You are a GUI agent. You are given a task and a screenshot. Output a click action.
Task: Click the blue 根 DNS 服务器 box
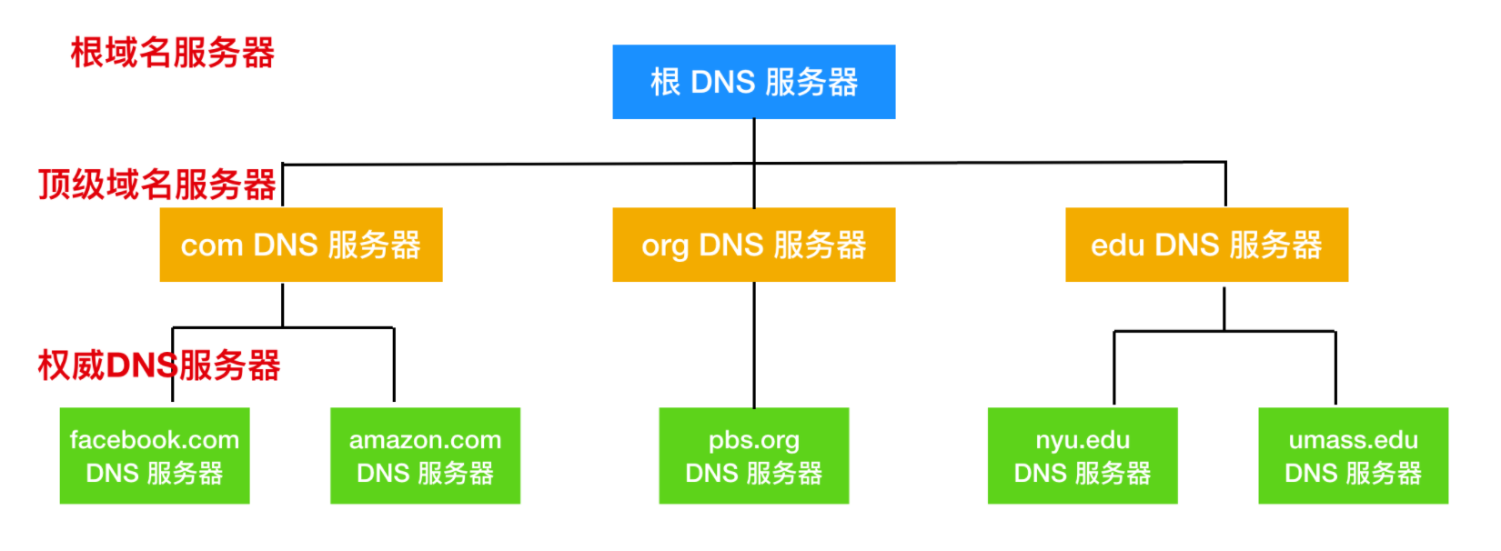(x=754, y=82)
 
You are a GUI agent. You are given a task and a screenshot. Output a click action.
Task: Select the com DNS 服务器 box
(x=301, y=245)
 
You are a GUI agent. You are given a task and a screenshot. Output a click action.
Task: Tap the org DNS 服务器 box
(x=754, y=245)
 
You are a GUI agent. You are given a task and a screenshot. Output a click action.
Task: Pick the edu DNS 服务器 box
(x=1207, y=245)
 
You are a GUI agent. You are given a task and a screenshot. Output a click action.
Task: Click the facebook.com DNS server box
(x=155, y=456)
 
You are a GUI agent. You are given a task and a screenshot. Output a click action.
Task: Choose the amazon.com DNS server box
(x=426, y=456)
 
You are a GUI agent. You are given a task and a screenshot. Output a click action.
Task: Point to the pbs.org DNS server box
(x=754, y=456)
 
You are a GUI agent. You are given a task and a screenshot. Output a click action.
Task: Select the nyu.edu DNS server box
(x=1083, y=456)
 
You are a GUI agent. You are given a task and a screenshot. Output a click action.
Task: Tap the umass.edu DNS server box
(x=1354, y=456)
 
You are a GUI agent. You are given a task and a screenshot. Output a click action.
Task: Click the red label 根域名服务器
(x=173, y=53)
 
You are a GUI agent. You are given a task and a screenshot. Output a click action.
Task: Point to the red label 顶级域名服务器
(x=156, y=185)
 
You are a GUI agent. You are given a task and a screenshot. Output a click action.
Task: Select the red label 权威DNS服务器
(x=159, y=366)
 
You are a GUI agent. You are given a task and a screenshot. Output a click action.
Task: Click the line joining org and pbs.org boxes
(x=754, y=345)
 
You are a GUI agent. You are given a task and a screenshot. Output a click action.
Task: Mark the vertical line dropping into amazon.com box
(x=394, y=365)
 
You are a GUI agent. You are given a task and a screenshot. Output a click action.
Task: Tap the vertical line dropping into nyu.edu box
(x=1114, y=367)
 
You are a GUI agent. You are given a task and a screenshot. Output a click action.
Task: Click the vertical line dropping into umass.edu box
(x=1335, y=367)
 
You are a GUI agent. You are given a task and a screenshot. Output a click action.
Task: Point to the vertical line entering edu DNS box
(x=1225, y=184)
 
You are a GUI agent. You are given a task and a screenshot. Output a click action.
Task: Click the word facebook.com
(x=155, y=440)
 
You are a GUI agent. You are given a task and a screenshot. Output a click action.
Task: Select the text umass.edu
(x=1354, y=440)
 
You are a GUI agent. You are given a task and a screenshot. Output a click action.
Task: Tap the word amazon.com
(x=426, y=440)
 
